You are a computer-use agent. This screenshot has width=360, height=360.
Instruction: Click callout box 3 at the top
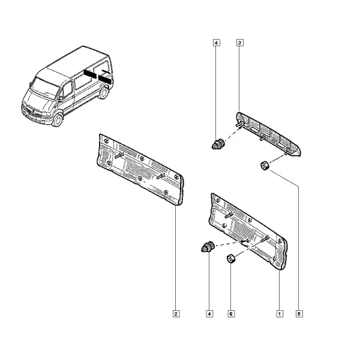pos(239,43)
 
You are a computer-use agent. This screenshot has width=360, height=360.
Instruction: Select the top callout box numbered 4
pos(216,43)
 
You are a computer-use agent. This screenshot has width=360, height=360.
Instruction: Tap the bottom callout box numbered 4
pos(209,314)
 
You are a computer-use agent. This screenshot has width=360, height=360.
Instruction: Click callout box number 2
pos(176,314)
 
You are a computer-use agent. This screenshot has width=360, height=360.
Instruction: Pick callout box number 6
pos(231,314)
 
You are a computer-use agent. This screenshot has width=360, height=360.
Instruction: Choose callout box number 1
pos(280,314)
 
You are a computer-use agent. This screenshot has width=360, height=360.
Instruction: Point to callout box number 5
pos(299,314)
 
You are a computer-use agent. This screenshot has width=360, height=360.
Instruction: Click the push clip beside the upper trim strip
pos(218,144)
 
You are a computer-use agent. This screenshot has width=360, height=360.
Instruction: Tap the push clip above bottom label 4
pos(208,247)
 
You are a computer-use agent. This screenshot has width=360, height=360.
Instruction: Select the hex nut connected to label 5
pos(265,166)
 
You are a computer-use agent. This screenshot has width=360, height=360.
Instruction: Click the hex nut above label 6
pos(231,259)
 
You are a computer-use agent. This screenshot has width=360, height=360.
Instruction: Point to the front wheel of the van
pos(58,119)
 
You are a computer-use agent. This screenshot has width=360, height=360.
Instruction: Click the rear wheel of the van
pos(104,92)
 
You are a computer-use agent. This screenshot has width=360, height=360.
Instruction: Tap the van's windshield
pos(44,88)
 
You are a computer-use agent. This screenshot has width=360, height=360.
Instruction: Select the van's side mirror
pos(61,99)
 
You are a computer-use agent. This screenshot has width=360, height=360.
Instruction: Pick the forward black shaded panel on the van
pos(90,73)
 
